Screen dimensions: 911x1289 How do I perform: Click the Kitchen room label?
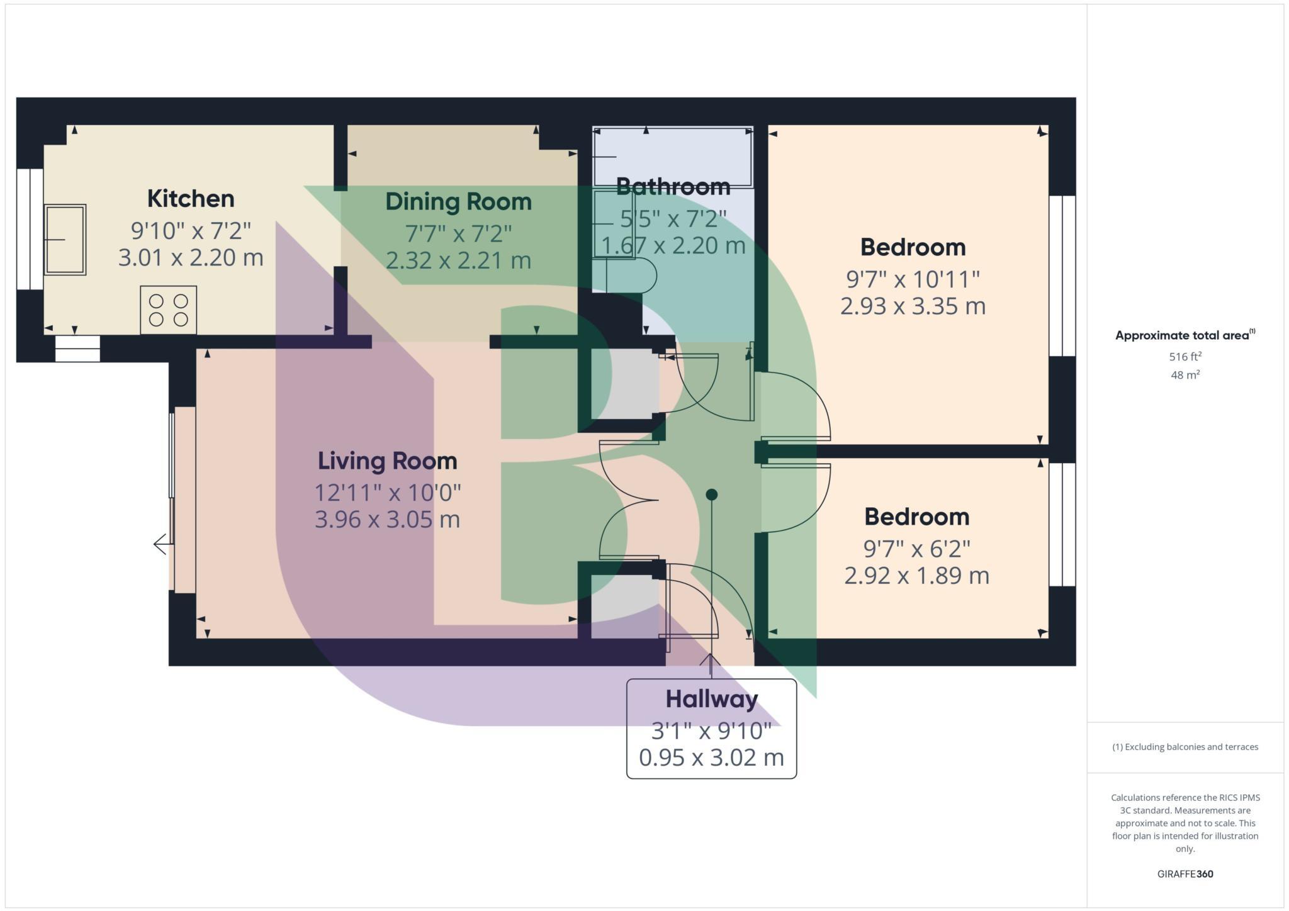point(191,199)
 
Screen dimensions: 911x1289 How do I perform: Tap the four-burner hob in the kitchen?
point(168,310)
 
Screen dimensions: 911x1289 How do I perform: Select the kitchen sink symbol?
point(65,240)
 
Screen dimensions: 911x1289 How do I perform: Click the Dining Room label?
point(458,202)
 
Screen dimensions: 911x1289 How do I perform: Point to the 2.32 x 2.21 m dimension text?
point(458,260)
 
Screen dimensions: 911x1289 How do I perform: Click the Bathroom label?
point(673,186)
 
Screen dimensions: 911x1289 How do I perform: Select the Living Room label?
point(387,461)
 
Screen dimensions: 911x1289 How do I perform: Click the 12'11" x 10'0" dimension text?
point(387,492)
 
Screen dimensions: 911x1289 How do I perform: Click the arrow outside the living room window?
point(160,544)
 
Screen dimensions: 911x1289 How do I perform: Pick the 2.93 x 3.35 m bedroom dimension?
point(913,306)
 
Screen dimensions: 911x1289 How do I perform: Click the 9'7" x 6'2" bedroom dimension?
point(916,549)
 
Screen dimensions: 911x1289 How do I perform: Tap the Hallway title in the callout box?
point(711,699)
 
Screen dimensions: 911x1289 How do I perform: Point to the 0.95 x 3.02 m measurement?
point(711,757)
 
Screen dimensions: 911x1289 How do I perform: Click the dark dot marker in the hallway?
point(711,495)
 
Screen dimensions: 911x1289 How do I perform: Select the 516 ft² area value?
point(1185,357)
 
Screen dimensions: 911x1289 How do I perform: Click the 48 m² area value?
point(1185,376)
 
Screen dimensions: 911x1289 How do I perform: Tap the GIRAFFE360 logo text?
point(1185,874)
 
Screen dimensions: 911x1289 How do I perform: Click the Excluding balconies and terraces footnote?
point(1185,747)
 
